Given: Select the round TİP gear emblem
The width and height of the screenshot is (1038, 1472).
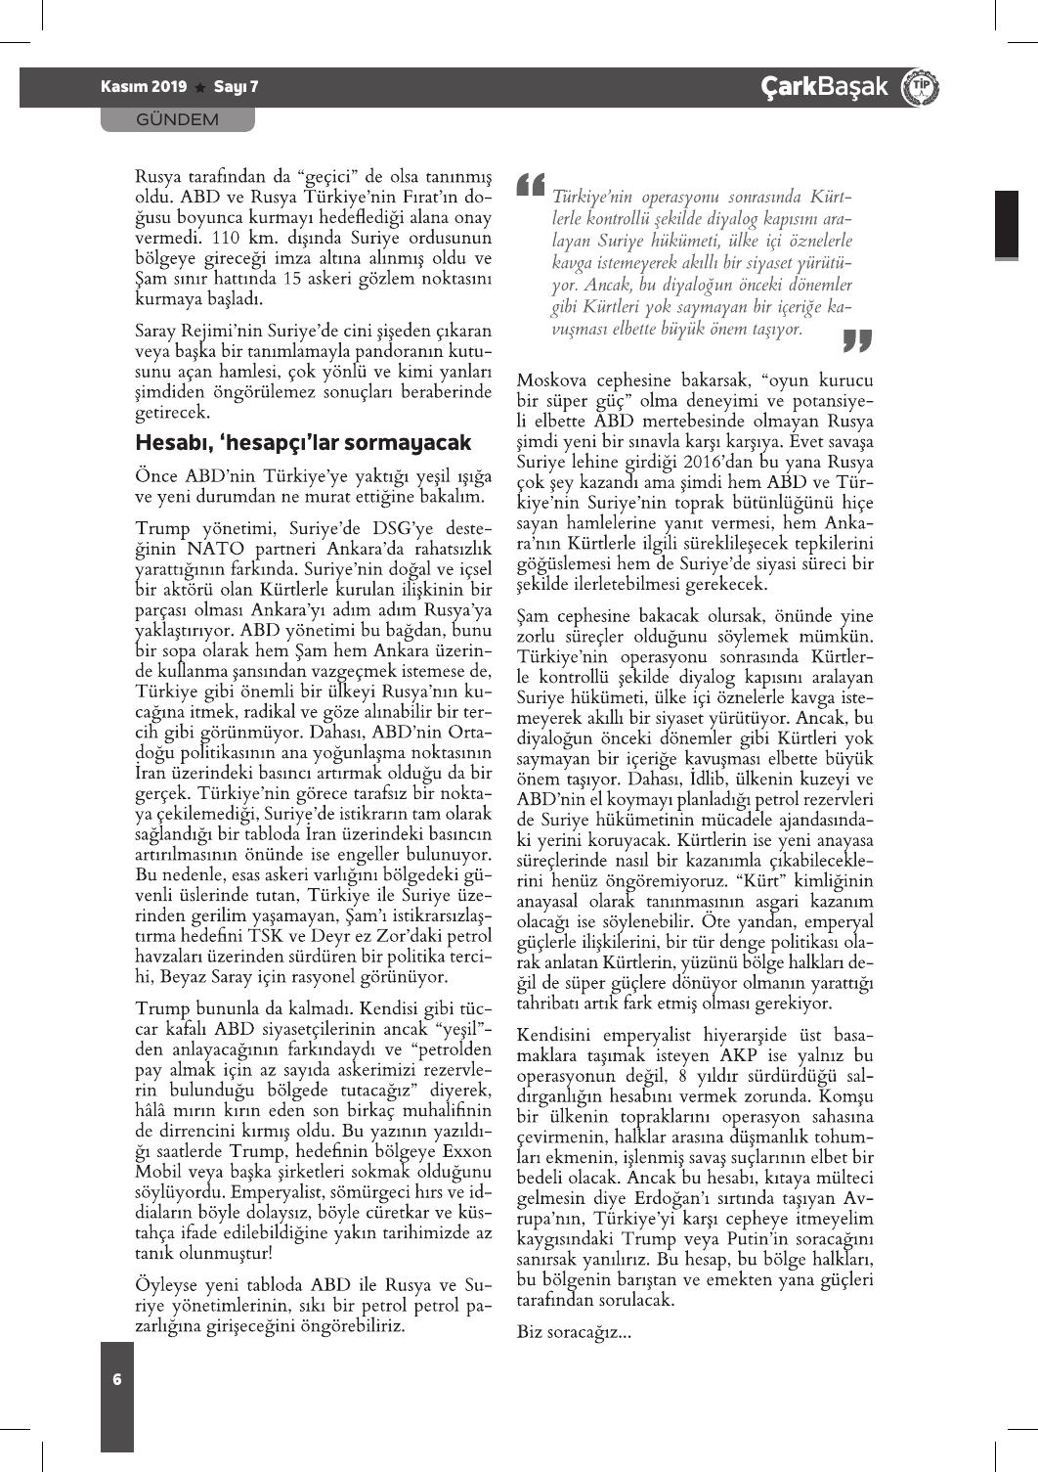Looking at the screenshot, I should (920, 88).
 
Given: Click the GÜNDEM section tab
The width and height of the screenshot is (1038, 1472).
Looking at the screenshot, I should (177, 119).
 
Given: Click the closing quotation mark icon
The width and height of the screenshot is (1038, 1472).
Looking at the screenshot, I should (856, 340).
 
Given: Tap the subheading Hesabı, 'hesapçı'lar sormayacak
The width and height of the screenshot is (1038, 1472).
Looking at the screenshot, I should (303, 443).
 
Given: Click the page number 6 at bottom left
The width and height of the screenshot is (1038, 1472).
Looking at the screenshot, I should (117, 1379).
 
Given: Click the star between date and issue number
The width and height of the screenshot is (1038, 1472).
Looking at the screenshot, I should (200, 88).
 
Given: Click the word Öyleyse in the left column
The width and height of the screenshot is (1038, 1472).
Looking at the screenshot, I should (167, 1285).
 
